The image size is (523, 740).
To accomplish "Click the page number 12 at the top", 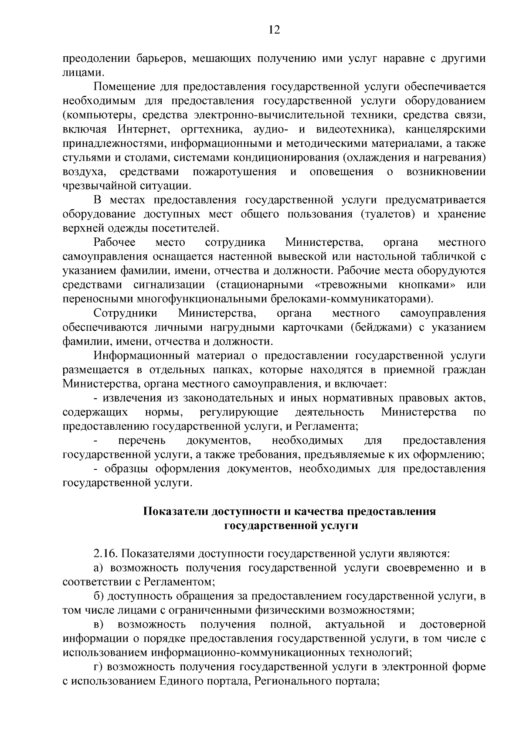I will click(274, 30).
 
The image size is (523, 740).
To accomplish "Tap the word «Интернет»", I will click(142, 129).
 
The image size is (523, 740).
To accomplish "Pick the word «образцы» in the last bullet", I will click(123, 469).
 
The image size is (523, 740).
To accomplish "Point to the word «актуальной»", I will click(355, 625).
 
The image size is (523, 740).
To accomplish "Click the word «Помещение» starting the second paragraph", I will click(122, 87).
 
